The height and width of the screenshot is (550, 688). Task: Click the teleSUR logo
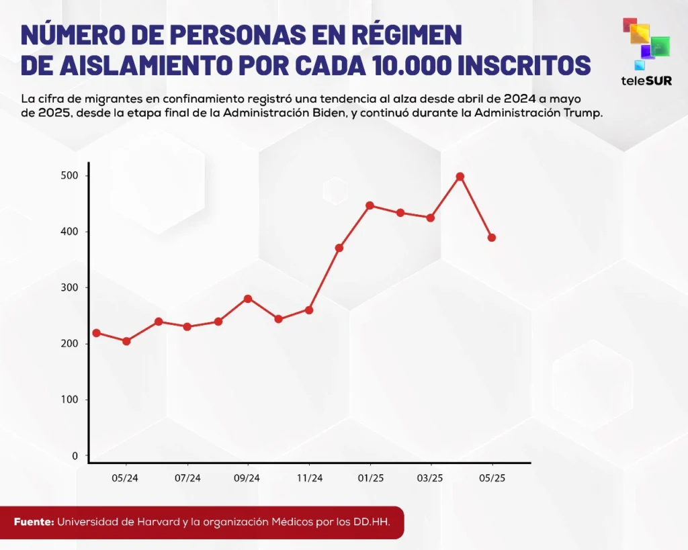click(x=647, y=54)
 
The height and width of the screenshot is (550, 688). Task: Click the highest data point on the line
click(x=460, y=177)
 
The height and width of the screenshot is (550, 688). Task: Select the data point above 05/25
click(x=492, y=238)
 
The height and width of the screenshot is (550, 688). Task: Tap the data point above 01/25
click(x=370, y=205)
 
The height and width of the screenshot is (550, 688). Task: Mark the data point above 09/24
click(x=248, y=298)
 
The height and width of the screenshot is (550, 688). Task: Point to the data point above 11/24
click(x=309, y=310)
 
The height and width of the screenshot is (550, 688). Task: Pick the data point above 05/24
click(x=126, y=341)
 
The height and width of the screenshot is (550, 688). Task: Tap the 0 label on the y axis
click(x=75, y=456)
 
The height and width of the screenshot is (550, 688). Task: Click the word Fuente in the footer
click(x=34, y=522)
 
